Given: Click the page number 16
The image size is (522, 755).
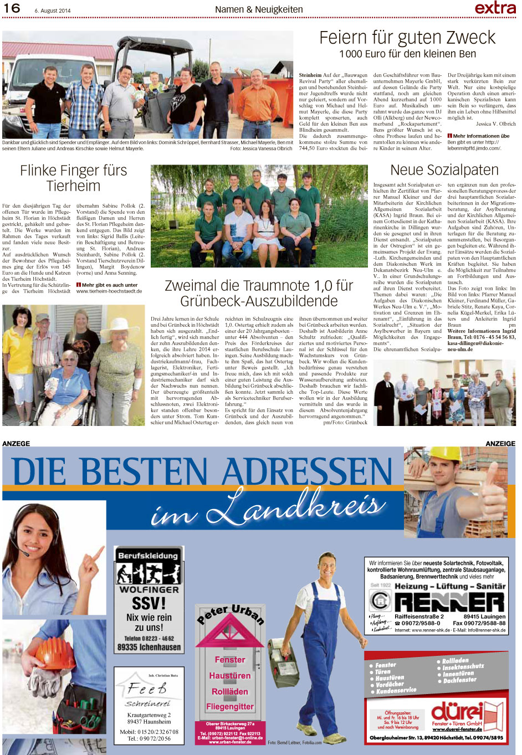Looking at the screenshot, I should pos(12,8).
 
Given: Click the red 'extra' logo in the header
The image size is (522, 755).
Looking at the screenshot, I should pos(495,7).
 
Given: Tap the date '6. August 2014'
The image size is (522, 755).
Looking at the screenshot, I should pos(52,10).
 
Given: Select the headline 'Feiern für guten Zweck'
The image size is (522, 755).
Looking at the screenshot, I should pos(407,38).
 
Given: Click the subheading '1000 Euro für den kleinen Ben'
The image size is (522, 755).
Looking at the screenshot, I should pos(407,54).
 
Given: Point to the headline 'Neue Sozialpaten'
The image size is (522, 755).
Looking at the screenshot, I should pos(444,170).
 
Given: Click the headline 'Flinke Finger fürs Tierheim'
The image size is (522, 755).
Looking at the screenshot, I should pos(73,178).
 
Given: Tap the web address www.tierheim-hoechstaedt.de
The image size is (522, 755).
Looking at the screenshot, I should pos(109,291).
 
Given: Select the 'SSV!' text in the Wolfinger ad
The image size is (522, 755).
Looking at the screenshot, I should pos(149,603).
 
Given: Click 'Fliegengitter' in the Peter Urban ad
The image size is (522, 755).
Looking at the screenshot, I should pos(229,707).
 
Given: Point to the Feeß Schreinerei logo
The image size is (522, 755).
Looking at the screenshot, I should pos(147,690).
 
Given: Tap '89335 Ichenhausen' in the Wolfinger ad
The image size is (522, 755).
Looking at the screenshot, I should pos(149,647).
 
